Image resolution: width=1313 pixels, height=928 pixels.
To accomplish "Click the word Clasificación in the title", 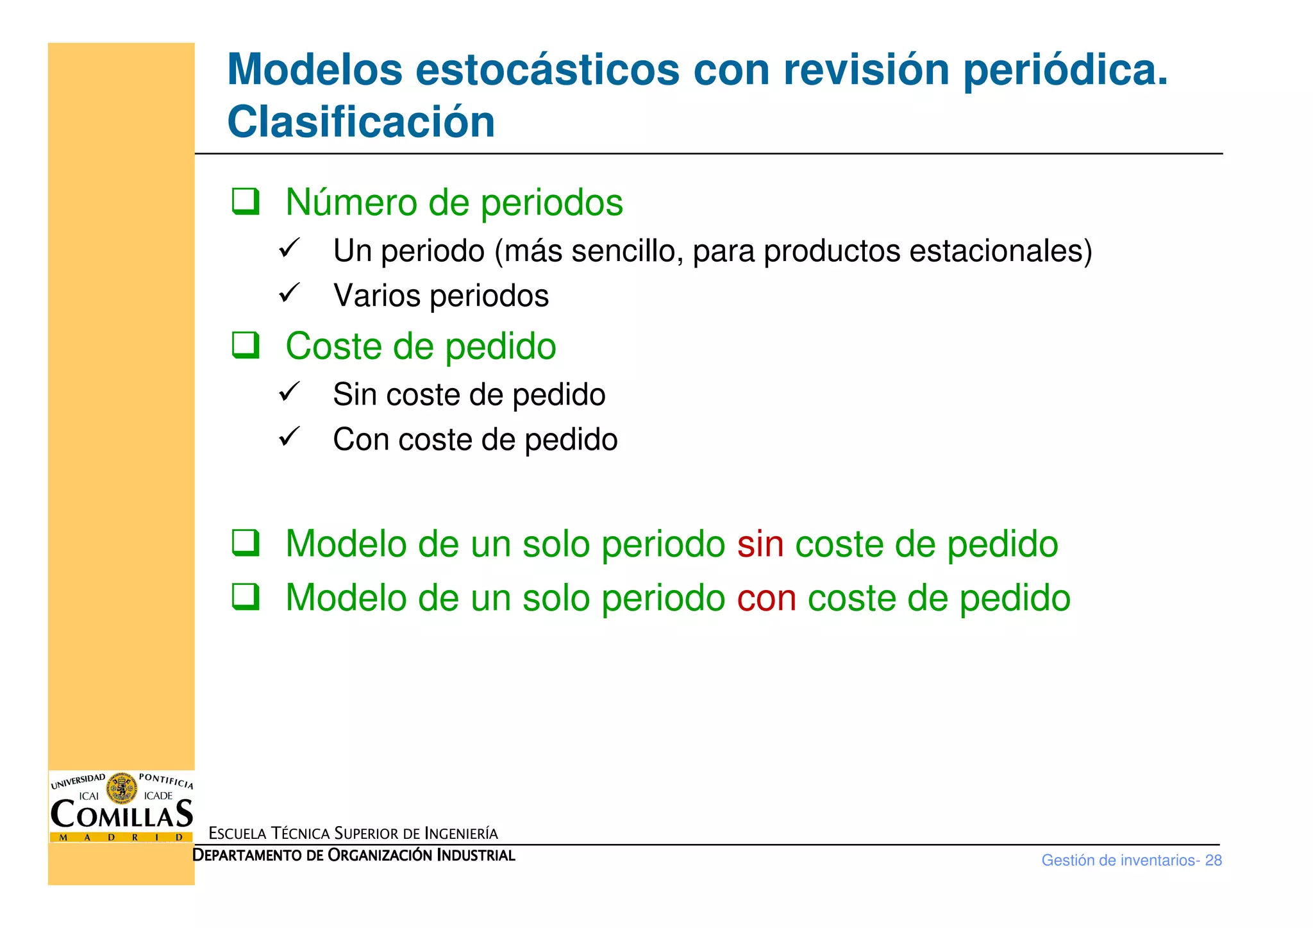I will [x=361, y=122].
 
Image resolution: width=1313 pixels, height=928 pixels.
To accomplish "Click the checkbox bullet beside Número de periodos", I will [x=246, y=201].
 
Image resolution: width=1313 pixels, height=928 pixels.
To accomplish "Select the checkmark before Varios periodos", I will [x=289, y=293].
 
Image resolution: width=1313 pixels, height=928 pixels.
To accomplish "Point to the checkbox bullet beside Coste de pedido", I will [x=246, y=345].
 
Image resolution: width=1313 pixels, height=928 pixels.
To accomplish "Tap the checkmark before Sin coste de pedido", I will [x=289, y=392].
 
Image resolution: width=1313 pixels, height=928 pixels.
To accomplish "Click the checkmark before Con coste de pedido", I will [x=289, y=437].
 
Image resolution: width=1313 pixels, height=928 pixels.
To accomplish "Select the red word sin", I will [x=760, y=544].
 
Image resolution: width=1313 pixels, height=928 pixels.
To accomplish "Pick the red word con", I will [x=767, y=598].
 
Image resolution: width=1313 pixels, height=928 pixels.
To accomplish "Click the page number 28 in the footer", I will [x=1213, y=860].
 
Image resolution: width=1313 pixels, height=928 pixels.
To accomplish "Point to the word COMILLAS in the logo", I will [x=122, y=814].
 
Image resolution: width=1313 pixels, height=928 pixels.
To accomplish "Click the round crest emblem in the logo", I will [x=121, y=788].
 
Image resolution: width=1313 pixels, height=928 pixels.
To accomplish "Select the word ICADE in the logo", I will [x=158, y=796].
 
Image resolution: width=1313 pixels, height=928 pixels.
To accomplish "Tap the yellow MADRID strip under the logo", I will [x=121, y=837].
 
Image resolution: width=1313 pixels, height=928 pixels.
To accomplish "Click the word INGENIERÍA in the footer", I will [x=461, y=834].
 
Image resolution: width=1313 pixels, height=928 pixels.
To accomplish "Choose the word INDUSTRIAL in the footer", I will [x=476, y=856].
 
